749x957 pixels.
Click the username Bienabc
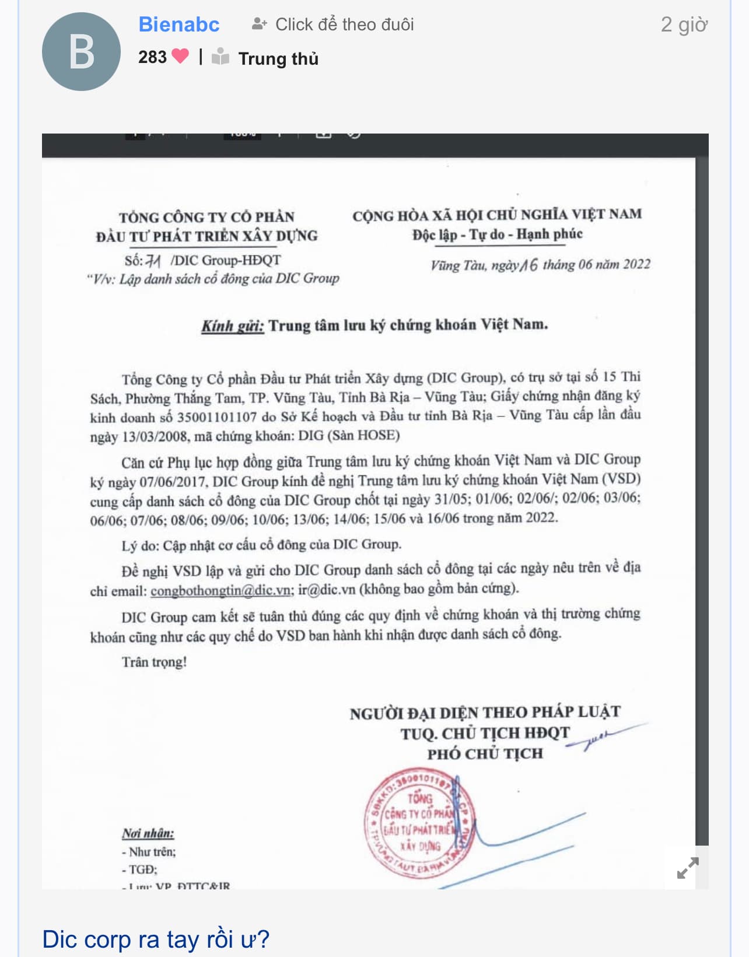178,24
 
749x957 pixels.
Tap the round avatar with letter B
81,52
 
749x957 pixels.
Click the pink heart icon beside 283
180,56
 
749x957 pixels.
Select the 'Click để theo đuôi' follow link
333,24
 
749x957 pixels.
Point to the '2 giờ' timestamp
684,24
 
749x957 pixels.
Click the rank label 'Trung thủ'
278,59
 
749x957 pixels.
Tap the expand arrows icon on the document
688,868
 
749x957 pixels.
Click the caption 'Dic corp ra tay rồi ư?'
156,939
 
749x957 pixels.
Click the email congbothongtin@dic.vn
220,590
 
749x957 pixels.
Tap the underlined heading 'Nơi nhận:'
148,833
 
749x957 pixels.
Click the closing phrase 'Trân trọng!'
154,662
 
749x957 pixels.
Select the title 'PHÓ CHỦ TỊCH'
485,754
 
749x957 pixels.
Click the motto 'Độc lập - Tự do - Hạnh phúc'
497,234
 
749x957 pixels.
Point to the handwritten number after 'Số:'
153,261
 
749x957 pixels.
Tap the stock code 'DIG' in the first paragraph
311,436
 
